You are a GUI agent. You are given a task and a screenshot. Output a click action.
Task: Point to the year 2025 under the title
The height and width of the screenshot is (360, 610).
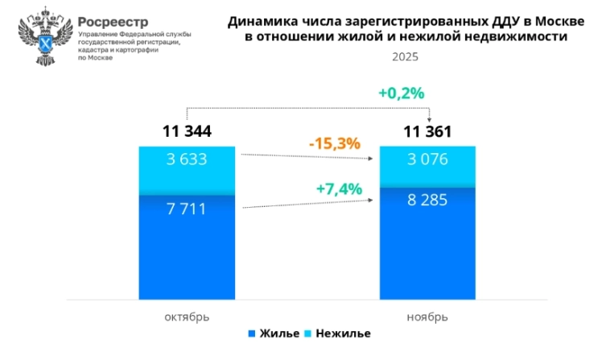[406, 57]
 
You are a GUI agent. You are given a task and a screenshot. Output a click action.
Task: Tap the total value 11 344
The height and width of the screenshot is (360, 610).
[187, 132]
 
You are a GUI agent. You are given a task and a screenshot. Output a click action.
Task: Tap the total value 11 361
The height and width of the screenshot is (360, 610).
[427, 132]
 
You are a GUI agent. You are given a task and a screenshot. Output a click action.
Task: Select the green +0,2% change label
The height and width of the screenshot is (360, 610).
[401, 93]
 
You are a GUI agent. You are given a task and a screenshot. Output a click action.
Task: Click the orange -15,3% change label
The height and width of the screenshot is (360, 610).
[336, 143]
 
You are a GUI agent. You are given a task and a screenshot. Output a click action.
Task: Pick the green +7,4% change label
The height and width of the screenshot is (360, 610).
[339, 189]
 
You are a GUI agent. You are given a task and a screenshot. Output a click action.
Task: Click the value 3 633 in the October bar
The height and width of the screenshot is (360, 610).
[187, 159]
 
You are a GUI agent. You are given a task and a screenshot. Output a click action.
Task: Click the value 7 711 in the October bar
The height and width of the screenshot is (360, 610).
[187, 209]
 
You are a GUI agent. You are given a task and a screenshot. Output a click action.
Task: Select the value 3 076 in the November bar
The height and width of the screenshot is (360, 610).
[427, 159]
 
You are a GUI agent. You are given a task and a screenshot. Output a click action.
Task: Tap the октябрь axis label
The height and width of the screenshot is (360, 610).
[187, 317]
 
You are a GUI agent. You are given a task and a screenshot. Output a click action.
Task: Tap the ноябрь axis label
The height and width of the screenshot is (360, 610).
[427, 317]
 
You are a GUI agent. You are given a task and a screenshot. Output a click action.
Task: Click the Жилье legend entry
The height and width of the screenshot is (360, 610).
[273, 333]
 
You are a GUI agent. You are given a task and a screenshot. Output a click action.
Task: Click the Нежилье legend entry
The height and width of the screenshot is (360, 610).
[338, 333]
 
